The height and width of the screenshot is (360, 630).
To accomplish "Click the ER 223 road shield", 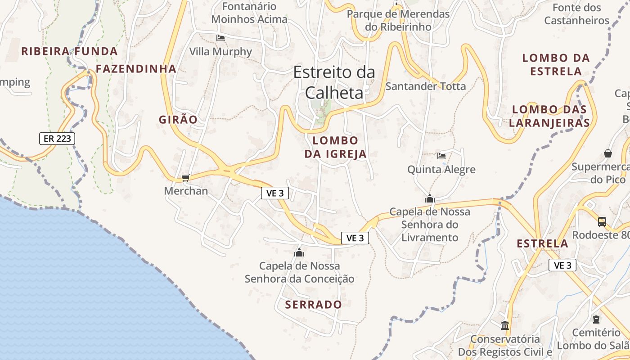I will (57, 139).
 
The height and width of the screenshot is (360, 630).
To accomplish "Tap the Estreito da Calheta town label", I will (334, 82).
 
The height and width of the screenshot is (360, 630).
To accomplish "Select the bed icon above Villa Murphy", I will (220, 38).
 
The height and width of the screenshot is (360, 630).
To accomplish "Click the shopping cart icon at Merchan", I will (185, 178).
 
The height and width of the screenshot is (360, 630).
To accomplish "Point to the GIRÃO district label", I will (178, 120).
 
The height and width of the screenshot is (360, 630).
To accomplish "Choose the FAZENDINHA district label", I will (136, 69).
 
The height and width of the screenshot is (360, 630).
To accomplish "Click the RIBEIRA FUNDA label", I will (69, 51).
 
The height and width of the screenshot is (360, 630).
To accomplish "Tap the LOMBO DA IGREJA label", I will (335, 147).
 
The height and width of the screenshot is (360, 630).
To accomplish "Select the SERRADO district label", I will (314, 305).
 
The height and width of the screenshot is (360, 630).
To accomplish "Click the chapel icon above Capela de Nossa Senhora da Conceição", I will (299, 252).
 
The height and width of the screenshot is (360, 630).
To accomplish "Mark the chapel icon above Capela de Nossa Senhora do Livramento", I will (430, 198).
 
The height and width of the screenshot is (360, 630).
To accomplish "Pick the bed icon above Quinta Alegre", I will (441, 156).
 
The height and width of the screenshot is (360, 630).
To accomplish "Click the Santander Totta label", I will (426, 86).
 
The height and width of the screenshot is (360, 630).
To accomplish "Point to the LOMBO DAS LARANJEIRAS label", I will (549, 116).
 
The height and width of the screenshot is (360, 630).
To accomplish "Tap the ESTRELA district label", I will (542, 244).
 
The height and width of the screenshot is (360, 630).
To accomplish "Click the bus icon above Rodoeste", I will (602, 221).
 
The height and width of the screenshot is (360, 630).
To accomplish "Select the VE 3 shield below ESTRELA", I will (562, 265).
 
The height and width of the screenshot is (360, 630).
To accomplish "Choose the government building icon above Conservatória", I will (505, 325).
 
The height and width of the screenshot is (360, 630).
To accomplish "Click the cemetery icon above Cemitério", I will (596, 319).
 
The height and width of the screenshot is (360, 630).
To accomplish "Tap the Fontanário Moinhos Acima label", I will (249, 13).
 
